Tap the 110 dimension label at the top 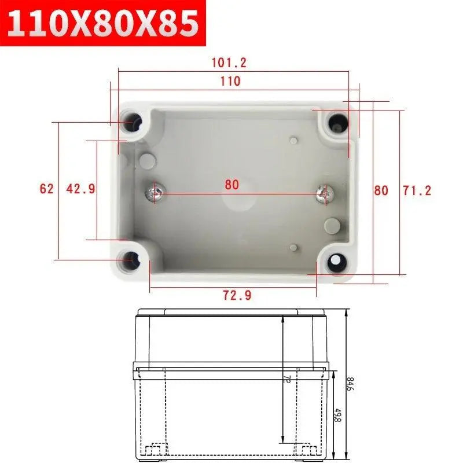click(230, 82)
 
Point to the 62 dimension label click(46, 189)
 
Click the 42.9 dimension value click(81, 189)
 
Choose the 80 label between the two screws click(231, 185)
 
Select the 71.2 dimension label click(417, 190)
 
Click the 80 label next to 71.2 click(381, 190)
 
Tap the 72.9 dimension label click(237, 295)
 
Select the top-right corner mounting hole click(337, 123)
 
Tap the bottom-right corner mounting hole click(336, 262)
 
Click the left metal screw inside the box click(154, 193)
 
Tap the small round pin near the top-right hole click(294, 139)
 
